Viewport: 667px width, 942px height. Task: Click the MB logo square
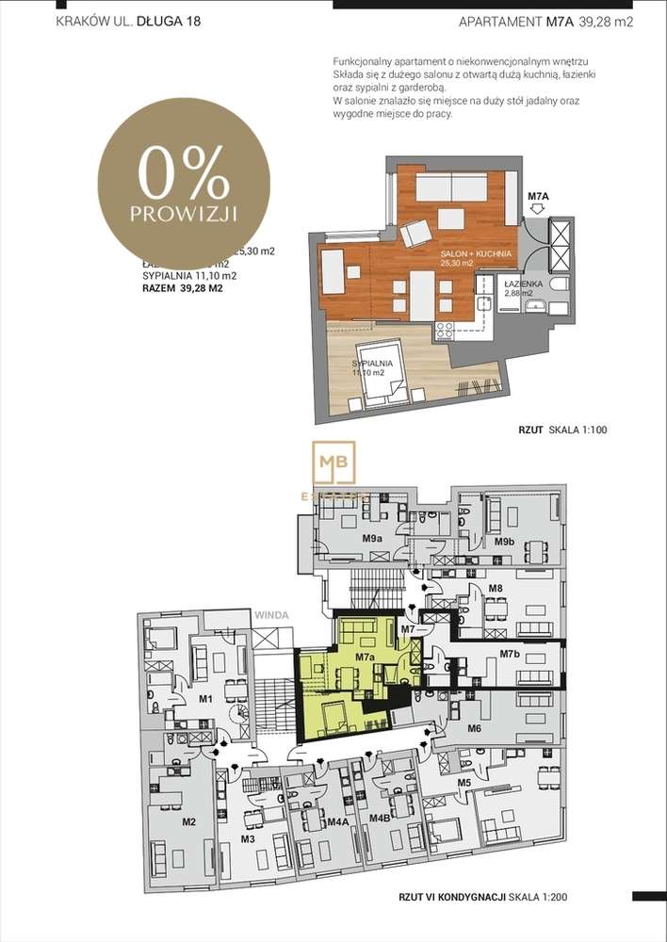336,462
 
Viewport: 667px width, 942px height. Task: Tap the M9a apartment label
372,539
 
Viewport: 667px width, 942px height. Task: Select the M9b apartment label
504,543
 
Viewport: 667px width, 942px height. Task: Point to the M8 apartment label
495,589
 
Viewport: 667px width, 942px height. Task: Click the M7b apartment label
510,654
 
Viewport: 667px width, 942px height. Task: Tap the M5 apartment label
464,783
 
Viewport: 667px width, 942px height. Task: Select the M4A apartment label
338,820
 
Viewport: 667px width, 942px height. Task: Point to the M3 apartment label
249,838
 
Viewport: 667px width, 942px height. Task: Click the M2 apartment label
188,822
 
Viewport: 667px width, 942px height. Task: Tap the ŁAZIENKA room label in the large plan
522,283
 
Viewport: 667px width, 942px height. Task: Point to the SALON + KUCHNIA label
476,254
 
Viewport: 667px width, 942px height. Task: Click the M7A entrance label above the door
537,197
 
